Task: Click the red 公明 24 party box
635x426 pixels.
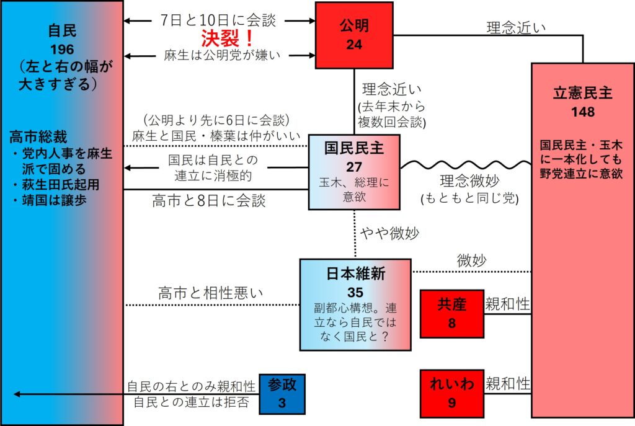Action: [353, 35]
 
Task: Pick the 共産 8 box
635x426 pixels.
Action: [451, 314]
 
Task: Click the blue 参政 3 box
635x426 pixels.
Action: [282, 394]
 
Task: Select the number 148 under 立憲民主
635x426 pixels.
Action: [582, 112]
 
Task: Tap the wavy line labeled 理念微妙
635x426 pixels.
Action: [465, 165]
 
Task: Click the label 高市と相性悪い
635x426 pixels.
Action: [211, 293]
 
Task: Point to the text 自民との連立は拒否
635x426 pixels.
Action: [192, 402]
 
